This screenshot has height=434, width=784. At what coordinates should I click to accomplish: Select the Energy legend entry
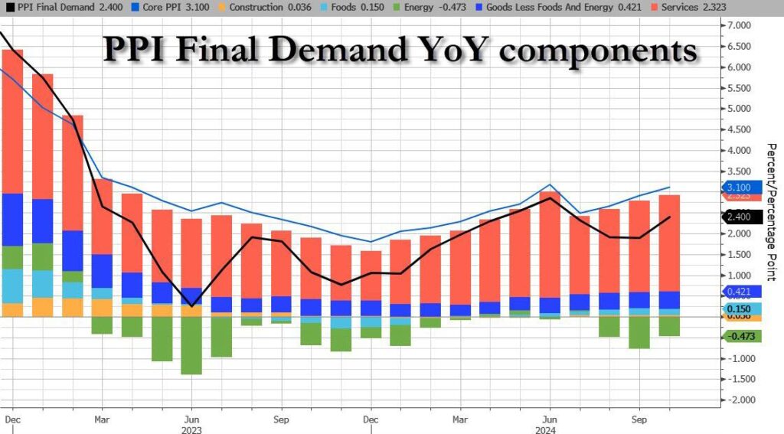[x=416, y=7]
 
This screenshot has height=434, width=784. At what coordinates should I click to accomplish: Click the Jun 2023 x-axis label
[x=191, y=419]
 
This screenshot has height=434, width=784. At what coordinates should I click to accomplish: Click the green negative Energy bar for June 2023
[x=191, y=345]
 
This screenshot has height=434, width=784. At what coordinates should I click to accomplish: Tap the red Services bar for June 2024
[x=550, y=245]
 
